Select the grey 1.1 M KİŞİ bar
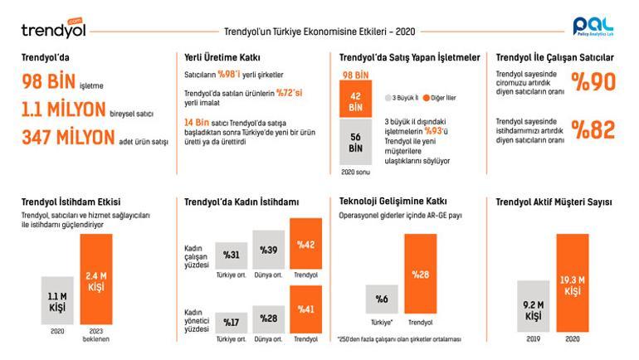(x=57, y=304)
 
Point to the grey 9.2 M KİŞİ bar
(x=533, y=306)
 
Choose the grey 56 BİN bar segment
(x=356, y=143)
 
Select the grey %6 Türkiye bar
(x=383, y=299)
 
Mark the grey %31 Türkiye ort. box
(x=232, y=254)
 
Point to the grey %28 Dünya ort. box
(x=270, y=319)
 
